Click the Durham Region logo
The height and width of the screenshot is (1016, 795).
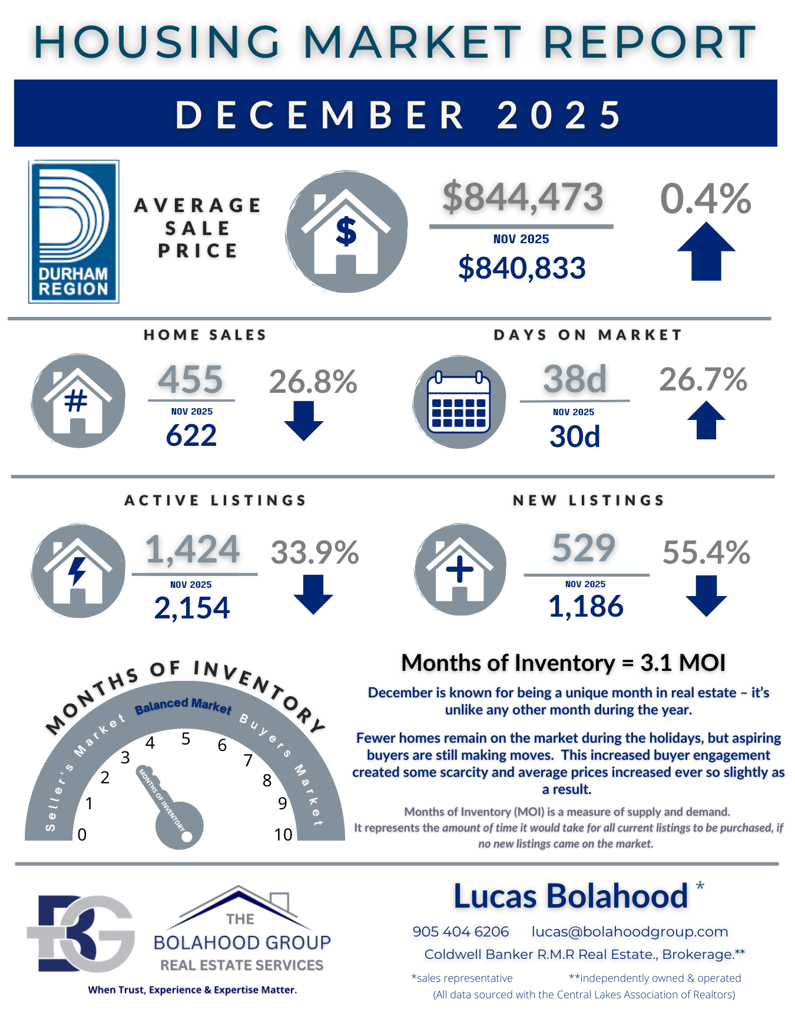coord(74,231)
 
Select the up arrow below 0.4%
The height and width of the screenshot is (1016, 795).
coord(705,251)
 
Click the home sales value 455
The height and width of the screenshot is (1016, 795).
coord(191,379)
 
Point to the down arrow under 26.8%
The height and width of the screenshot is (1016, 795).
coord(303,421)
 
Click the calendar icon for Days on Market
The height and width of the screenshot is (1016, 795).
coord(459,402)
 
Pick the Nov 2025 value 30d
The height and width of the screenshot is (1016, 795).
coord(575,436)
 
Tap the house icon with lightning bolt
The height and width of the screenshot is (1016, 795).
coord(78,571)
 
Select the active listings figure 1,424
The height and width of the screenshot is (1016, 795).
coord(193,550)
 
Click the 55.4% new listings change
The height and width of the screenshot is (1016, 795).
coord(706,552)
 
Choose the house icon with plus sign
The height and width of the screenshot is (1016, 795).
coord(460,570)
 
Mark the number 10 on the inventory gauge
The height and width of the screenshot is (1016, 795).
coord(283,835)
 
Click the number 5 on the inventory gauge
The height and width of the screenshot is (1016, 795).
coord(186,739)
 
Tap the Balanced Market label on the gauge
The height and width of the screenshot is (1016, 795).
coord(183,706)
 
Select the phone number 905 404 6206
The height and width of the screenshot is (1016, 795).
coord(461,931)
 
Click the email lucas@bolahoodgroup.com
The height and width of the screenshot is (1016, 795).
coord(630,931)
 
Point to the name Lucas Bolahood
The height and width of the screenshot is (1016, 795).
coord(570,896)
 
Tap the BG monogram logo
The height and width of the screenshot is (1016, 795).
coord(81,933)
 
